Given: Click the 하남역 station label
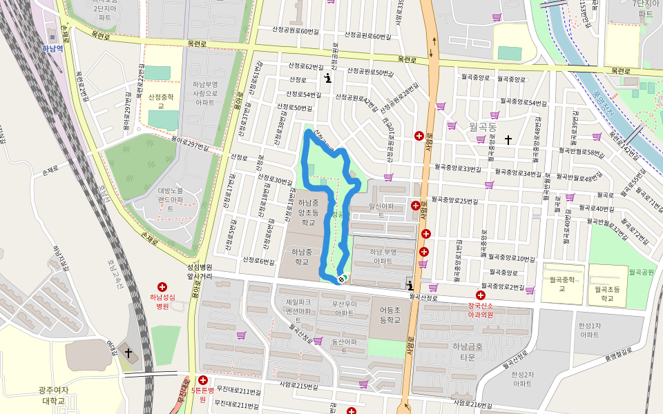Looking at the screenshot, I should coord(52,48).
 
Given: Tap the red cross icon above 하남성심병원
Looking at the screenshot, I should coord(162,286).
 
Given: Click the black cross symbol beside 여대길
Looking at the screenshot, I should coord(128,353).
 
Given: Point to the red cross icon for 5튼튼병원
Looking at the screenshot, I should coord(202,380).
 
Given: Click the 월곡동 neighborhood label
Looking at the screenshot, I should coord(483,127).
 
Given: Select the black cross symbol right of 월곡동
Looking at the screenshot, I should coord(508,140).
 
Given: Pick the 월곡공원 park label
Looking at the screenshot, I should coord(641,273).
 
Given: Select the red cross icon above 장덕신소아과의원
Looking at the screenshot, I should coord(480,295).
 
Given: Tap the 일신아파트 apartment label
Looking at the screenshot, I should coord(381,210).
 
